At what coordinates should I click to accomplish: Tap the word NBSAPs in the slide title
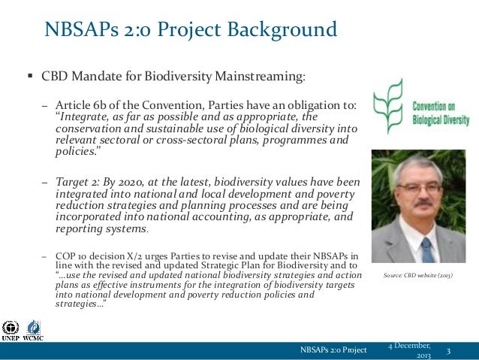(78, 31)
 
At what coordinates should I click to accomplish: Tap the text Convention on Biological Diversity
(439, 113)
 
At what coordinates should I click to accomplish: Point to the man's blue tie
(426, 249)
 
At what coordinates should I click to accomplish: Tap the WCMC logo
(34, 330)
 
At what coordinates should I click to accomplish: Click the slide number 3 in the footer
(449, 351)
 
